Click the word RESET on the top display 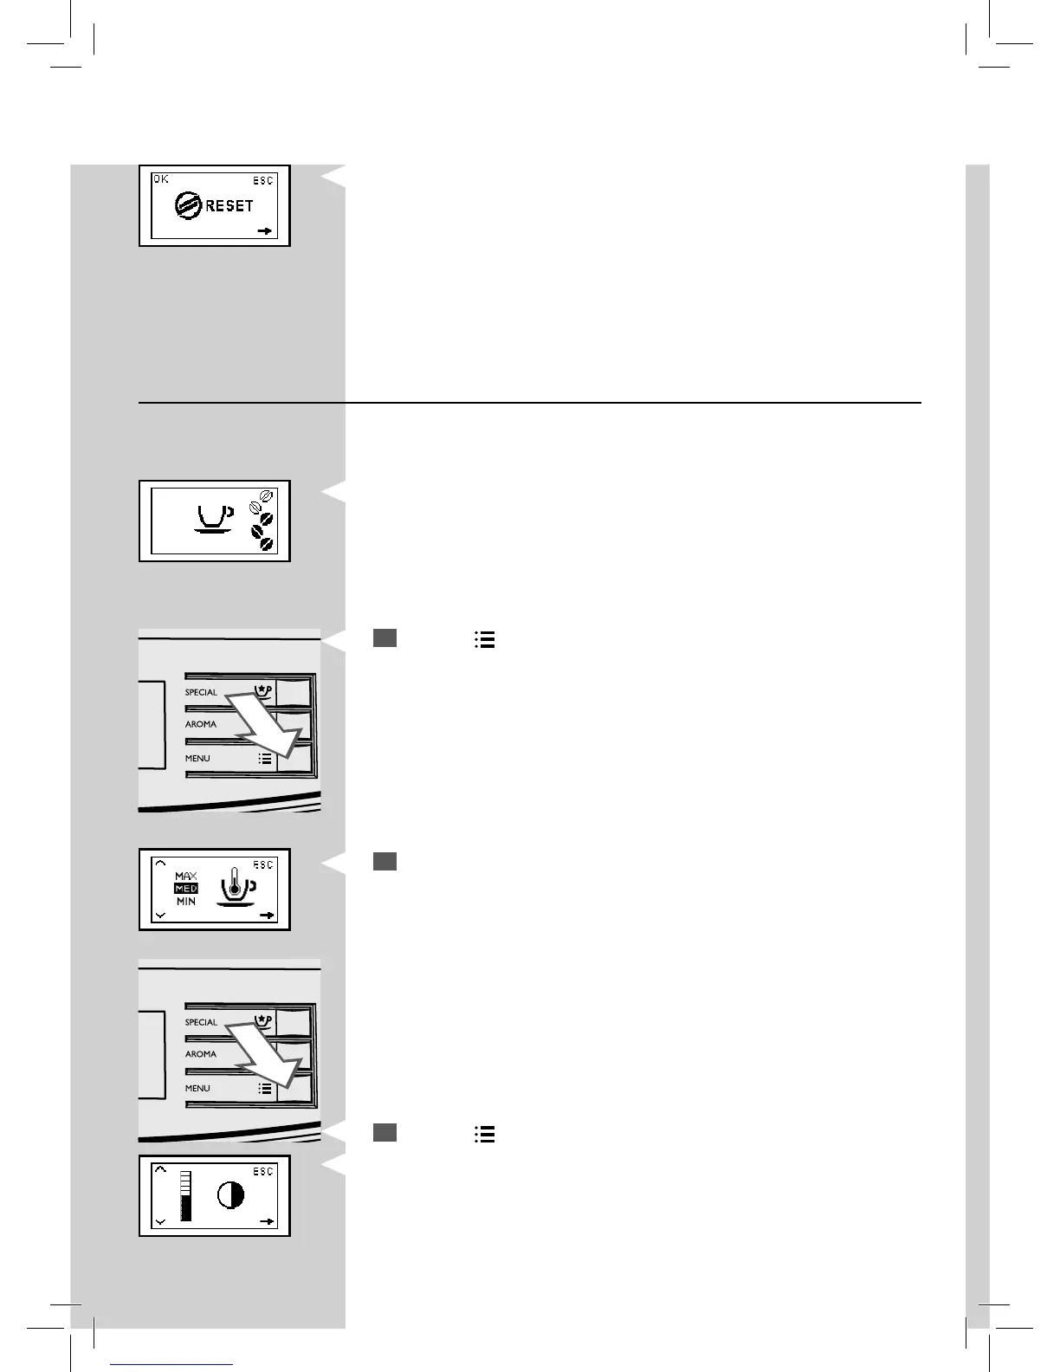229,206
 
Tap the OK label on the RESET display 161,179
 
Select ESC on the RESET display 263,180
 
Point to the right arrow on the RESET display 266,231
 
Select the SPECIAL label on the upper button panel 201,692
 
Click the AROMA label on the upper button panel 201,724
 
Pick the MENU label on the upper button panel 197,758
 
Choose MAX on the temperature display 186,877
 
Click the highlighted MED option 186,889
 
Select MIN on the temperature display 186,902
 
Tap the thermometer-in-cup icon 234,890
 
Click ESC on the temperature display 263,864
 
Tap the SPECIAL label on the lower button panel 201,1022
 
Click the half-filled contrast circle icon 230,1196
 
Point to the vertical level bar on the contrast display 185,1196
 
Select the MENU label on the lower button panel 197,1088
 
